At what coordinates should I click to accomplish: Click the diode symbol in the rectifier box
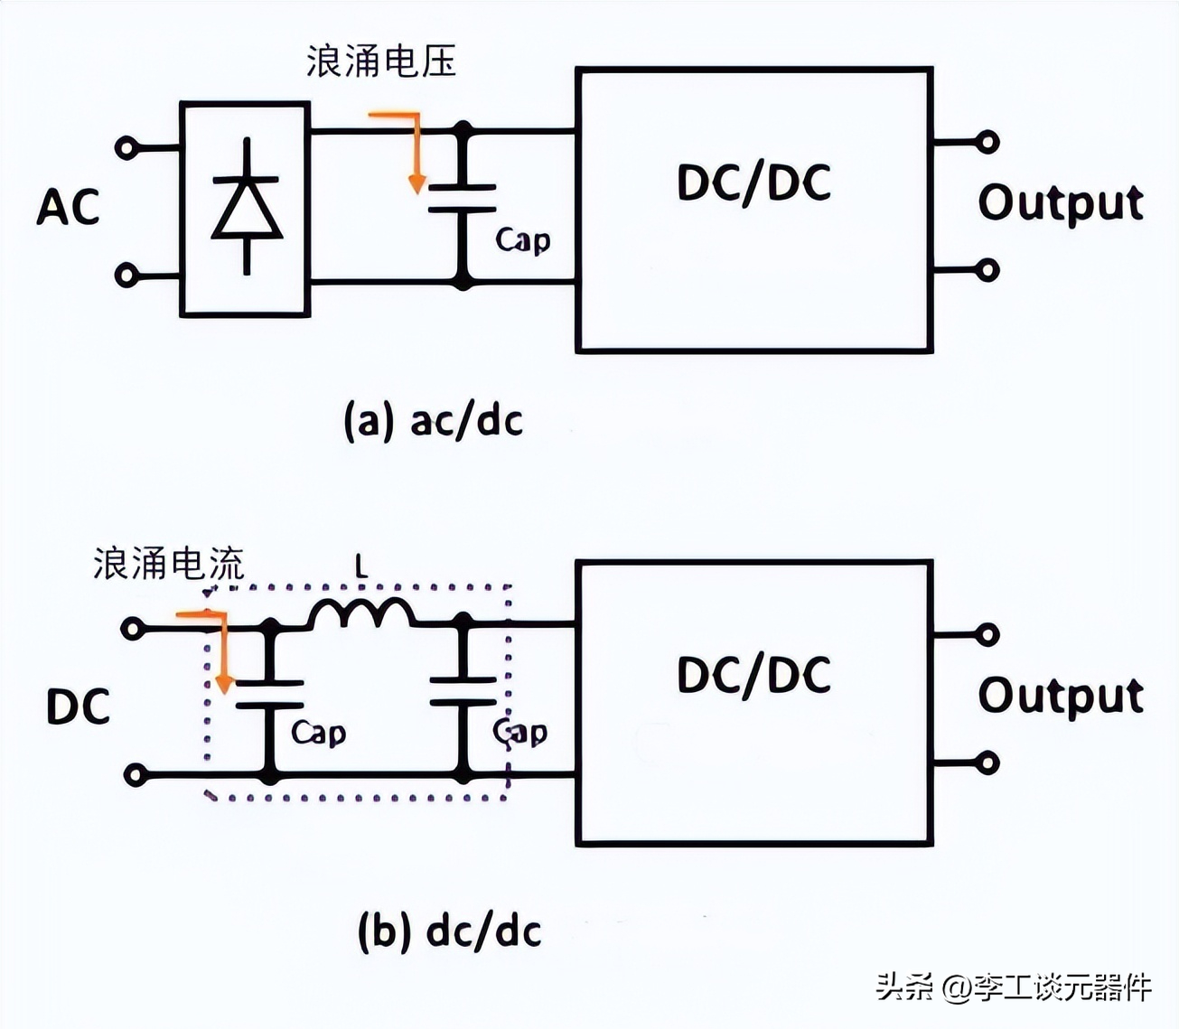click(x=247, y=207)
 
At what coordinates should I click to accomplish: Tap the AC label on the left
click(x=68, y=207)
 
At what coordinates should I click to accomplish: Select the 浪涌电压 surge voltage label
click(x=380, y=61)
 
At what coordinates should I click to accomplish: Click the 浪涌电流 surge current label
click(x=169, y=564)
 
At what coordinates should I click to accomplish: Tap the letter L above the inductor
click(x=361, y=567)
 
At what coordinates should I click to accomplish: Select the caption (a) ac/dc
click(x=434, y=421)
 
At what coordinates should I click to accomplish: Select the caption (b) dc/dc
click(x=449, y=931)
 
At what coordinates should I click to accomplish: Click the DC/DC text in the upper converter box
click(x=753, y=183)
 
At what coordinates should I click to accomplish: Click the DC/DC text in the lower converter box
click(x=753, y=676)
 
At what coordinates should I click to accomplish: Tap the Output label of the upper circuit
click(x=1061, y=203)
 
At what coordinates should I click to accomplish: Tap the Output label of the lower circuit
click(x=1061, y=697)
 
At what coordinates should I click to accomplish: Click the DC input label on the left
click(x=78, y=706)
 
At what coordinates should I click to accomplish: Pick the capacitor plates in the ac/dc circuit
click(x=463, y=198)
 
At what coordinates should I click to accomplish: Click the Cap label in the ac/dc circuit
click(x=522, y=240)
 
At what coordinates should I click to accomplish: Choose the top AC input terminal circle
click(x=127, y=147)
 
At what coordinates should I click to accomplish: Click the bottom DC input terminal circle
click(x=136, y=775)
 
